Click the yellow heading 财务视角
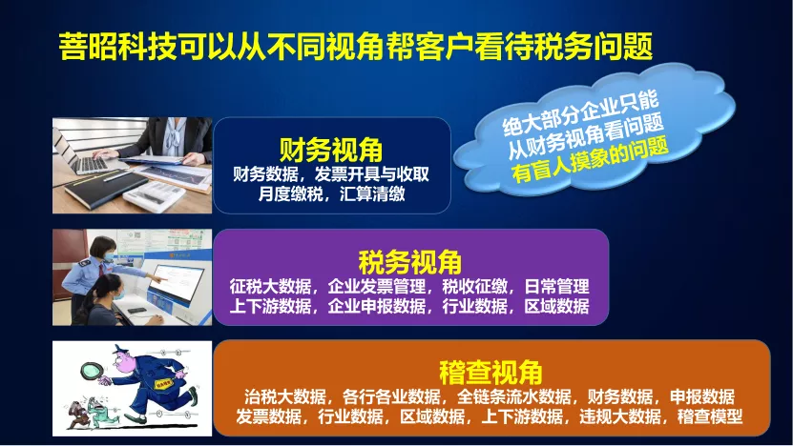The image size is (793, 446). click(x=331, y=150)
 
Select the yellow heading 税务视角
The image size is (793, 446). click(x=410, y=262)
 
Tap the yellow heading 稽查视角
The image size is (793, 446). click(x=490, y=373)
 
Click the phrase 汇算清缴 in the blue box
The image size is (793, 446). click(x=372, y=194)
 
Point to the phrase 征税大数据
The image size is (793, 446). click(x=270, y=287)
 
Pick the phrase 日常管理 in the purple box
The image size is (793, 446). click(x=556, y=287)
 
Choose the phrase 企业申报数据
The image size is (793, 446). click(x=377, y=306)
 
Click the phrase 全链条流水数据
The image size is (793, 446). click(x=513, y=396)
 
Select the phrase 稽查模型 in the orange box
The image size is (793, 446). click(x=710, y=416)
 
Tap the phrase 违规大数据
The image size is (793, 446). click(x=619, y=416)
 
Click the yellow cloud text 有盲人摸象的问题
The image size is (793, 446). click(x=590, y=160)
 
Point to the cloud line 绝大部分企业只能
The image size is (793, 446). click(x=580, y=113)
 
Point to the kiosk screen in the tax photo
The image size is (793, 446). click(x=176, y=284)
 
